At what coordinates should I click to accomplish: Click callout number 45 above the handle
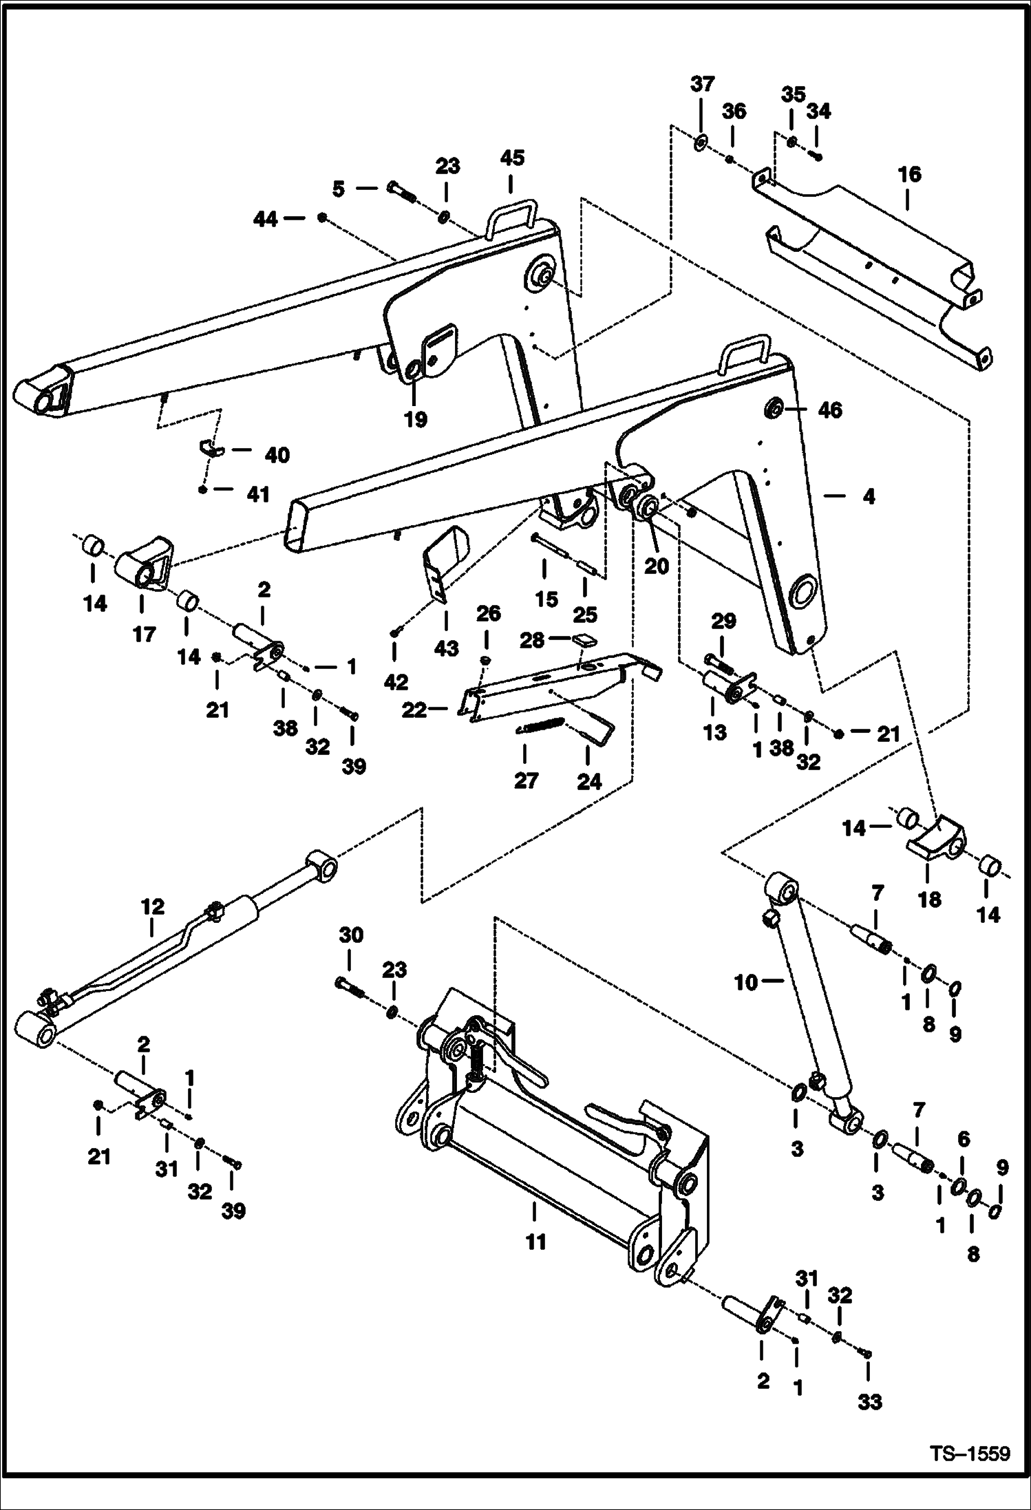[511, 158]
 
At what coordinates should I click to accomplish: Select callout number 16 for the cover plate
[909, 175]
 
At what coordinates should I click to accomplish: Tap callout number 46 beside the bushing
[829, 410]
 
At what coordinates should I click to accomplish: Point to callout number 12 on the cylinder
[153, 907]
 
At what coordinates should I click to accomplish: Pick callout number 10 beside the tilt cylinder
[745, 982]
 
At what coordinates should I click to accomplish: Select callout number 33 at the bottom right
[870, 1402]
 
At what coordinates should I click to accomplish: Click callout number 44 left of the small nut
[266, 219]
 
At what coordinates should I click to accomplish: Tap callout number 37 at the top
[702, 84]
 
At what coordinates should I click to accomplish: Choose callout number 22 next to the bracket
[414, 710]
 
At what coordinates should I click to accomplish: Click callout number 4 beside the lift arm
[869, 496]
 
